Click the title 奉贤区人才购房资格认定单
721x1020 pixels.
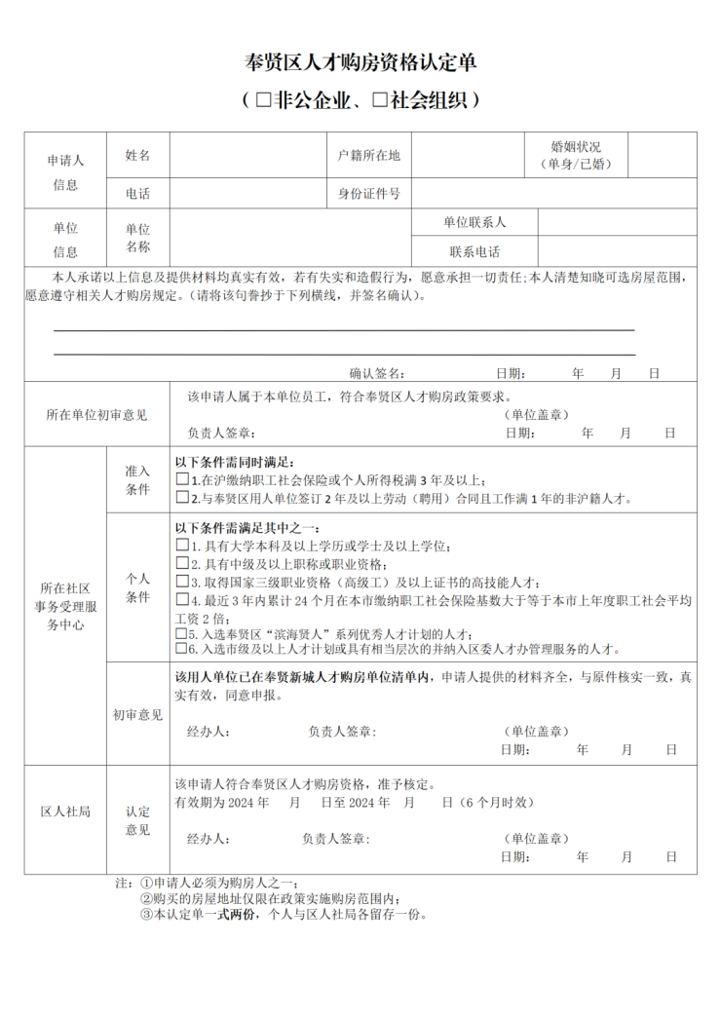[360, 64]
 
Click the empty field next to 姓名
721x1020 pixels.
[247, 155]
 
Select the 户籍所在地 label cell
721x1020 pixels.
[368, 155]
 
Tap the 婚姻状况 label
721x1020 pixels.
[576, 147]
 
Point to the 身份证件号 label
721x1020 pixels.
[368, 193]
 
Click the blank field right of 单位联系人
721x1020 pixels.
[617, 221]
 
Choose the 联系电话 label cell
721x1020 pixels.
[474, 250]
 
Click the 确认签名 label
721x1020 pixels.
[377, 373]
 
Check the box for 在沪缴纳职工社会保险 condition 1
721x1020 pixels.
[182, 479]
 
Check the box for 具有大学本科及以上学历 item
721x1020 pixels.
[182, 546]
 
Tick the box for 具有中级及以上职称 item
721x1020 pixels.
[182, 563]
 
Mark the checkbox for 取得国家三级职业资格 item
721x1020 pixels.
[182, 582]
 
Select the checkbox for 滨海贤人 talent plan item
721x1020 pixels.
[182, 632]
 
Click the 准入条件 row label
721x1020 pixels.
[137, 479]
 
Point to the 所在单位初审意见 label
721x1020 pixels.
[96, 414]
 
